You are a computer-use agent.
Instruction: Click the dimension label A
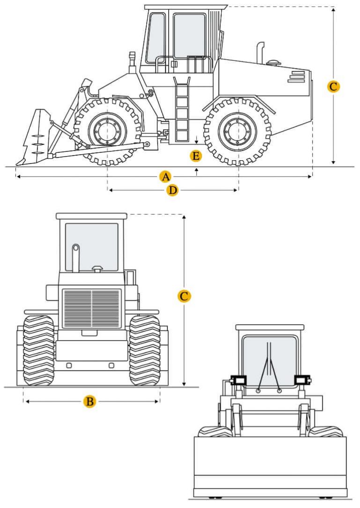coord(165,177)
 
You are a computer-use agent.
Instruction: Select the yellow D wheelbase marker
coord(173,190)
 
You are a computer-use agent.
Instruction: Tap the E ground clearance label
coord(196,156)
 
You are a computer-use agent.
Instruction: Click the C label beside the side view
coord(333,87)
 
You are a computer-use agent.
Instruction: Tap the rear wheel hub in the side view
coord(238,131)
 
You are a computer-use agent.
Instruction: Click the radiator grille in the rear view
coord(92,308)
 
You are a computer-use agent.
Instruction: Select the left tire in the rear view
coord(39,350)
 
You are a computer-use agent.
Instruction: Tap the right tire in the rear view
coord(145,350)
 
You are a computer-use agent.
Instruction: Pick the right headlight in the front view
coord(300,380)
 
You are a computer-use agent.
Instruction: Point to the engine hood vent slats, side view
coord(296,77)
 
